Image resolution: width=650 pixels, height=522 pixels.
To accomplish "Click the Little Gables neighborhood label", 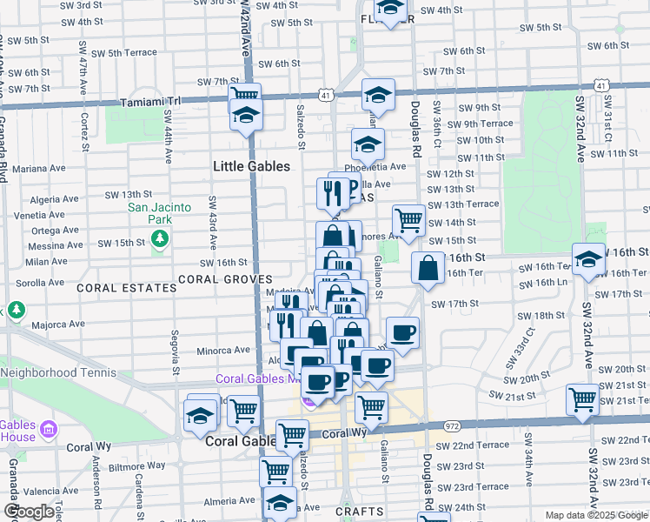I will click(251, 165).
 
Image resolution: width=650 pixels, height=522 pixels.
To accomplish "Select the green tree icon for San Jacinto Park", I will click(158, 240).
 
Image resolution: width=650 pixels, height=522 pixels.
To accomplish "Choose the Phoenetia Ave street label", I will click(375, 167).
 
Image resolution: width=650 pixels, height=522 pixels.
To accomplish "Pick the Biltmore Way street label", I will click(136, 465).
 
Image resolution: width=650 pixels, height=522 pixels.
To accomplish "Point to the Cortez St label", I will click(84, 130).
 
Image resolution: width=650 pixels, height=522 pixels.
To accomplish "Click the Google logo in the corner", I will click(29, 512).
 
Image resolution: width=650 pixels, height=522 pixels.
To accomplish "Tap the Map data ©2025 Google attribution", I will click(596, 515).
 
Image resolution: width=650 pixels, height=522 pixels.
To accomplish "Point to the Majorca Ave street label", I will click(58, 325).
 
